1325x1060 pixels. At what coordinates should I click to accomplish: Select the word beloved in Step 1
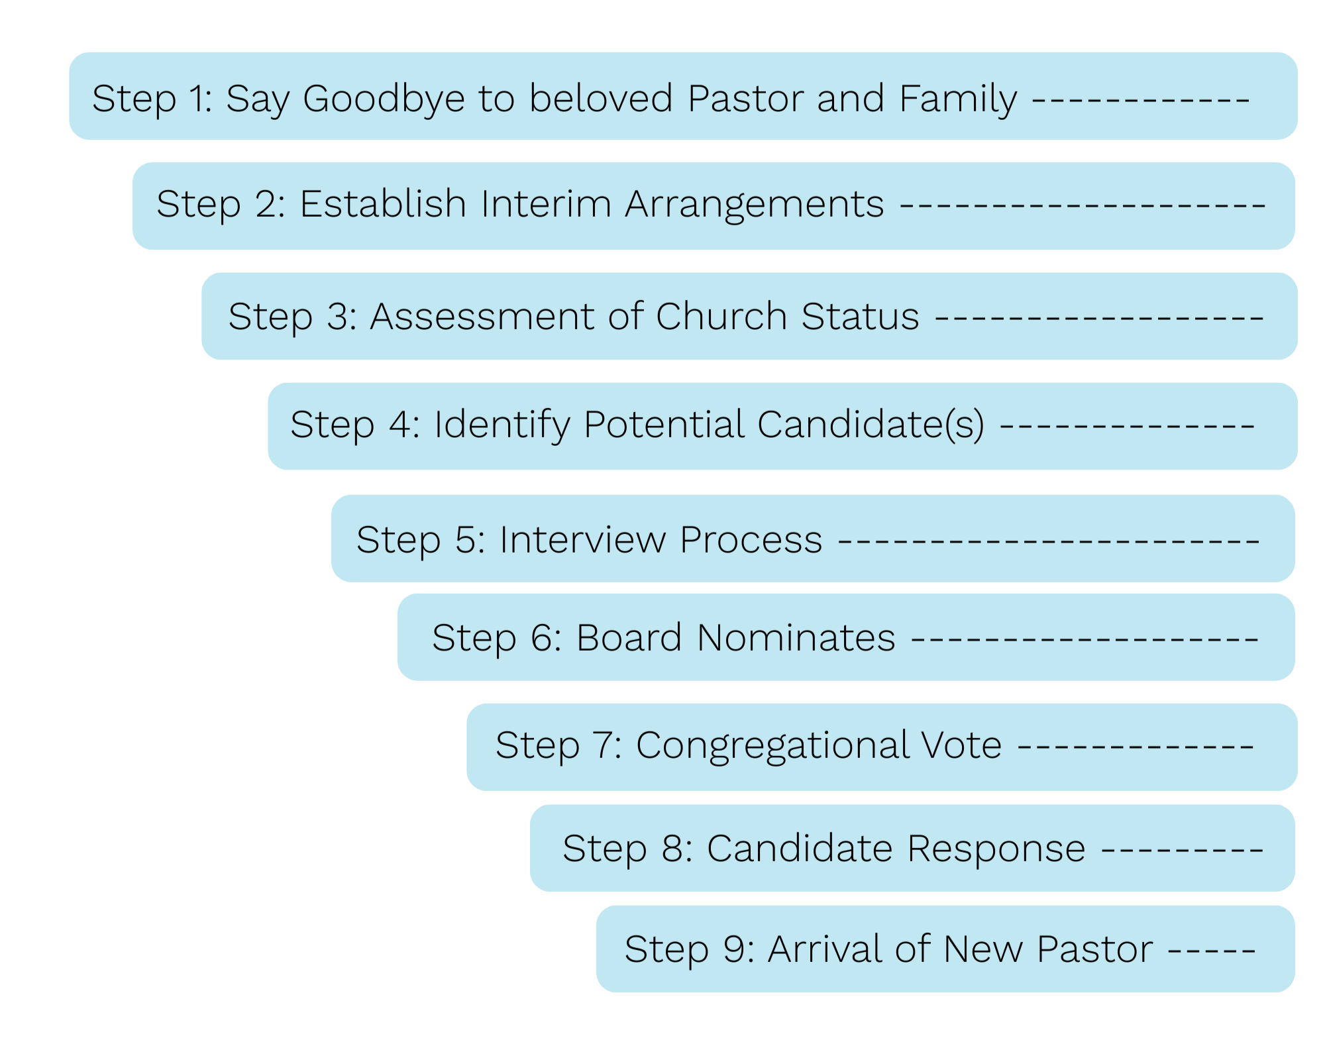click(601, 97)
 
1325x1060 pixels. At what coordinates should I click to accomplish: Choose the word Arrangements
click(754, 204)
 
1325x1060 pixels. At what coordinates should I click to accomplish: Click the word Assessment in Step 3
click(482, 315)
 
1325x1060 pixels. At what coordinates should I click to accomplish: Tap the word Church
click(721, 315)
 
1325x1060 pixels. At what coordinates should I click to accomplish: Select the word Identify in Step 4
click(502, 425)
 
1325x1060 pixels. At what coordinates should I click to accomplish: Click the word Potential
click(663, 424)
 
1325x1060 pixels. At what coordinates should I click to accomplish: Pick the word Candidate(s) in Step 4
click(871, 425)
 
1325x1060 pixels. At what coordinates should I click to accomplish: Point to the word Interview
click(582, 539)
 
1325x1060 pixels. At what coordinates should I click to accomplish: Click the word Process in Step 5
click(751, 539)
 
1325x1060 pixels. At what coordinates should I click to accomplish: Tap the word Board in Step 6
click(629, 637)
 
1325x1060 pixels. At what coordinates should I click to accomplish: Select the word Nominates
click(796, 637)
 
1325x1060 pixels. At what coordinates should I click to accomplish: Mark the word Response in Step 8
click(996, 849)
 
